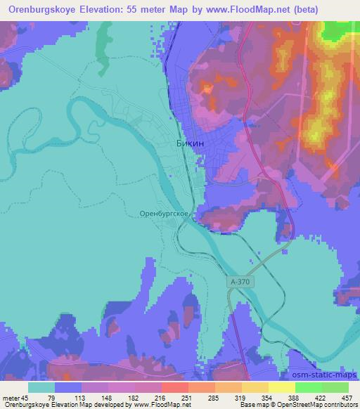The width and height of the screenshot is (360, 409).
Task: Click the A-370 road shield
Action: [238, 280]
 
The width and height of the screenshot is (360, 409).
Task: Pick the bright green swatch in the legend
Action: [309, 387]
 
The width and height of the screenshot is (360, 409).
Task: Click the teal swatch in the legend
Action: [41, 387]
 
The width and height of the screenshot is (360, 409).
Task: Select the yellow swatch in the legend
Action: [282, 387]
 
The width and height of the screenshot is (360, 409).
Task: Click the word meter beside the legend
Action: [11, 398]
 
